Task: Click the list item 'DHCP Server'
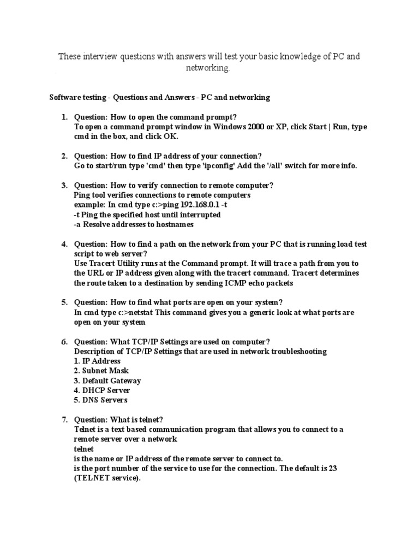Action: click(x=102, y=390)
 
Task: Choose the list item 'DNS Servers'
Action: click(x=101, y=400)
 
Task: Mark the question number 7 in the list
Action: click(x=64, y=420)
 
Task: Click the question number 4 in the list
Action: click(x=64, y=243)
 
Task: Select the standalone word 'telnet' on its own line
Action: click(x=83, y=449)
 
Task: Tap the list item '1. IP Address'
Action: click(x=97, y=361)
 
